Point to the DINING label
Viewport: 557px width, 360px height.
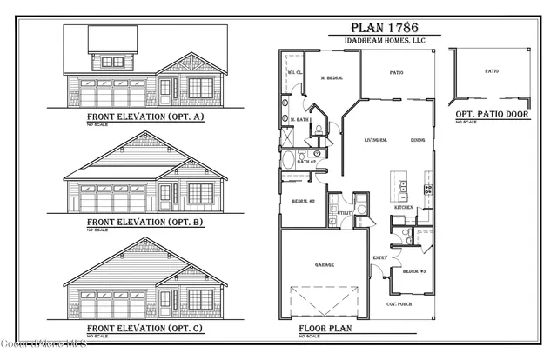point(418,140)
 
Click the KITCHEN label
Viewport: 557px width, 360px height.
point(404,208)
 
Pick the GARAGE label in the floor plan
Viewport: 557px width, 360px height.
point(325,264)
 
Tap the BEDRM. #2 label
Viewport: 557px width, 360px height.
point(302,201)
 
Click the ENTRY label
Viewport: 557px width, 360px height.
point(380,258)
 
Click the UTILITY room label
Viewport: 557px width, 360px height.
point(343,213)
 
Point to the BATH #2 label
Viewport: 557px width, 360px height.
point(305,162)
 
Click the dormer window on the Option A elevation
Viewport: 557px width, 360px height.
point(113,61)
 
